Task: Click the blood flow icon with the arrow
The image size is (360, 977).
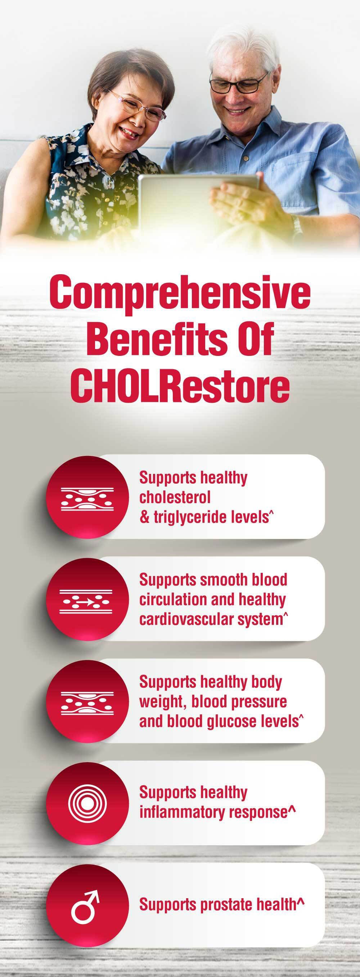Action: (x=87, y=602)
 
